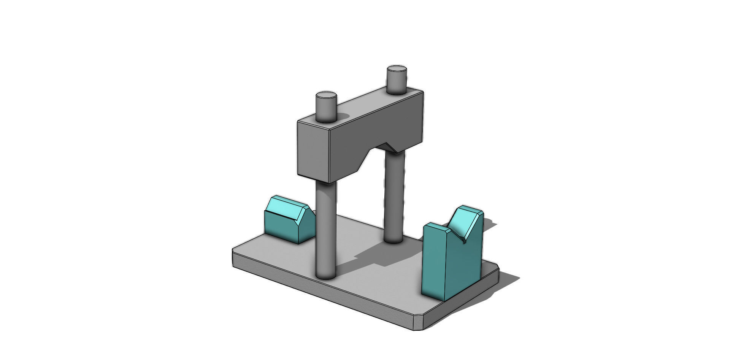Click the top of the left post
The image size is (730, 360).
[x=326, y=95]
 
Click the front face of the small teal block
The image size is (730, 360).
[x=281, y=228]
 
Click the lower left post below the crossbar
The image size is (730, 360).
[x=326, y=228]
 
